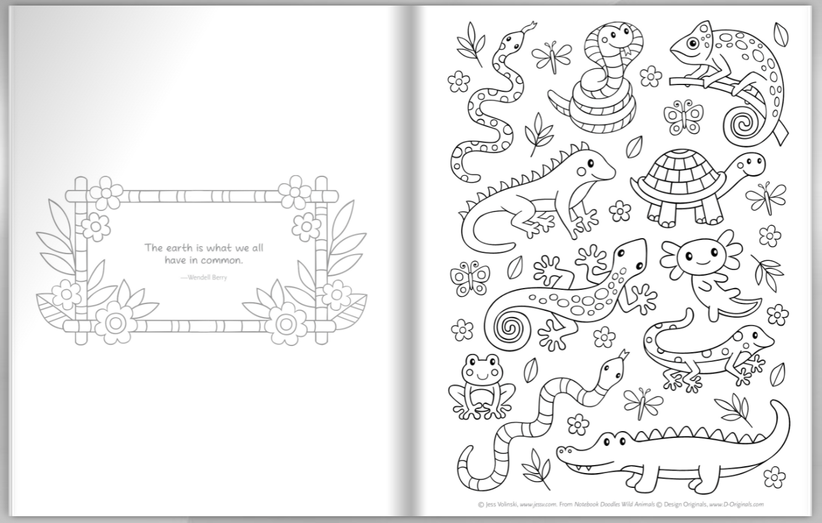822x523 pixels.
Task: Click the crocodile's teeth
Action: point(583,467)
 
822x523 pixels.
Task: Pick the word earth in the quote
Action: point(180,249)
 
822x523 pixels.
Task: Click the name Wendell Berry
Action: point(207,278)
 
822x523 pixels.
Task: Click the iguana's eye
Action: point(590,162)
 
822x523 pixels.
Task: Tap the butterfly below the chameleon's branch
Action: point(683,117)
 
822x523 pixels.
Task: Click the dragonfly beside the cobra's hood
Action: point(552,57)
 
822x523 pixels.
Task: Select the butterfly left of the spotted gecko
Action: point(470,279)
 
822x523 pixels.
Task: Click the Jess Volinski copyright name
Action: point(501,504)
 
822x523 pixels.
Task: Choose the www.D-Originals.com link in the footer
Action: point(736,504)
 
